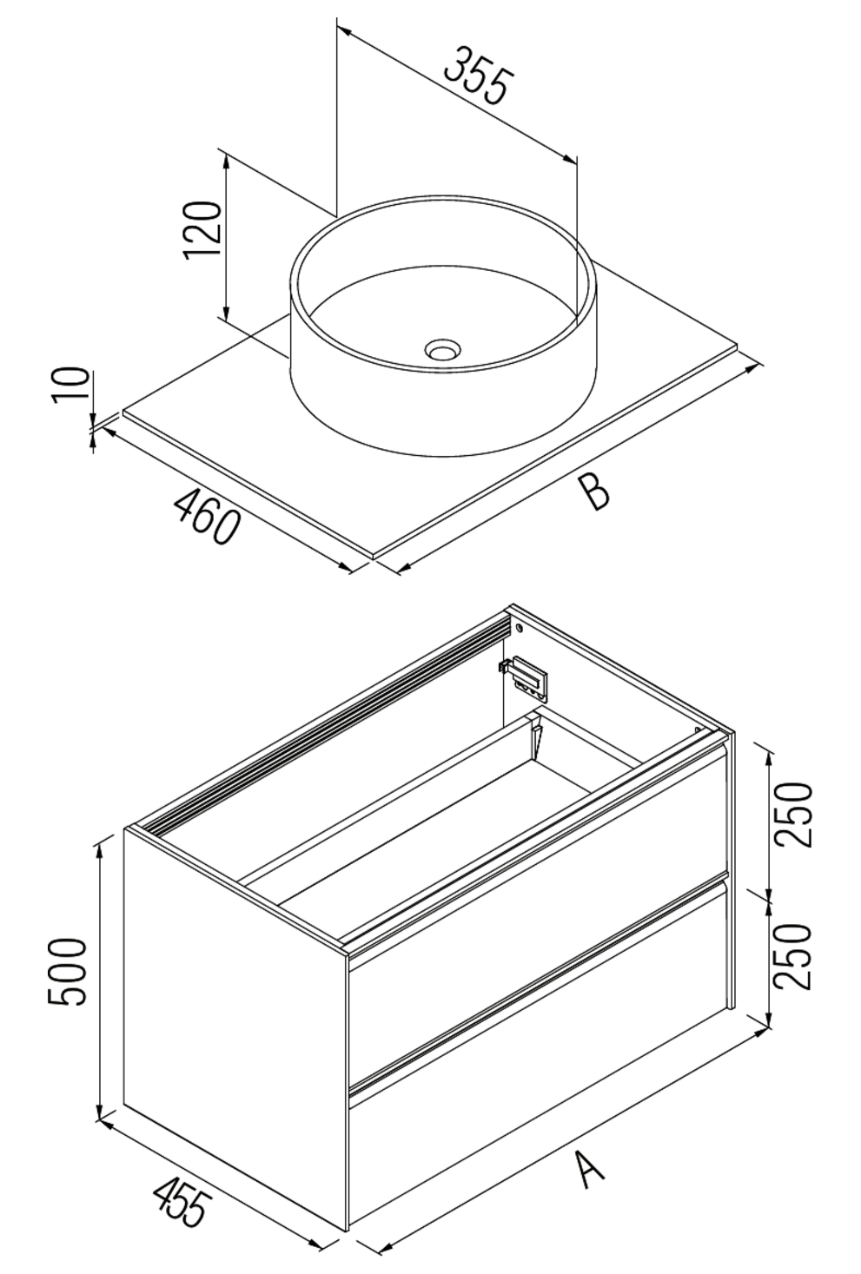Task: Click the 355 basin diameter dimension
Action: tap(476, 76)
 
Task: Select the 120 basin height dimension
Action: tap(203, 228)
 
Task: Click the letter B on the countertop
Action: tap(595, 492)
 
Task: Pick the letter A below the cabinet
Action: tap(590, 1167)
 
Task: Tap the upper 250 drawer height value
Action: tap(794, 815)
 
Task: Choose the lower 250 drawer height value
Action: tap(794, 955)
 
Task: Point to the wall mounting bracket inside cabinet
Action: tap(527, 676)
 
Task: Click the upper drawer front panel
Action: tap(539, 921)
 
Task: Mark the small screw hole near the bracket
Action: tap(519, 626)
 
